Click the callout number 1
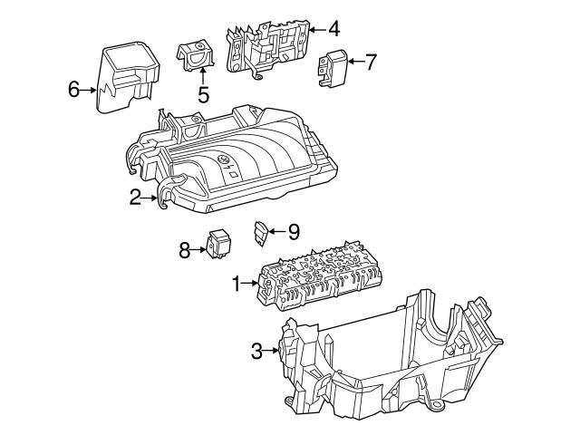(237, 285)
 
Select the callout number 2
(135, 197)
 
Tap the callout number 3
(256, 351)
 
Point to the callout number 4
(334, 29)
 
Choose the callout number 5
(203, 92)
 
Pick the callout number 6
(74, 89)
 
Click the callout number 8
(185, 250)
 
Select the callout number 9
(292, 232)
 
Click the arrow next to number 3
(273, 351)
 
